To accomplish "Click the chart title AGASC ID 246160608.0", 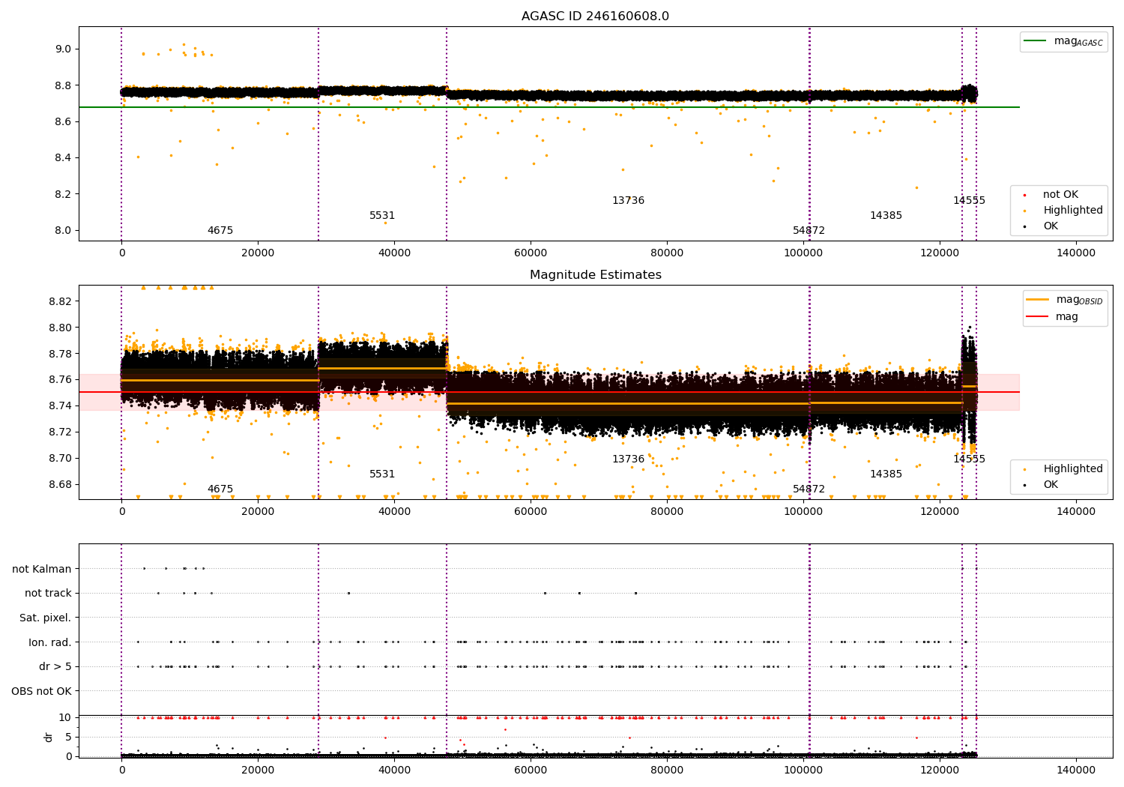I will click(595, 16).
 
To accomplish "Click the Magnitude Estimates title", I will click(595, 275).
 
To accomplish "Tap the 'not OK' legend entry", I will click(1060, 195).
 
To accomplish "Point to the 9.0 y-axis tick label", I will click(62, 49).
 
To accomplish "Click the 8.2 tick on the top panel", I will click(62, 194).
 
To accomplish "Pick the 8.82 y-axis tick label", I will click(59, 301).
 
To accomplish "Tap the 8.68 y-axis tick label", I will click(59, 484).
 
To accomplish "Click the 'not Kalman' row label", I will click(42, 569).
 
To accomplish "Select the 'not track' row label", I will click(48, 593).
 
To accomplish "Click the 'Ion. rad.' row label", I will click(49, 642).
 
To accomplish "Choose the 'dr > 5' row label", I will click(55, 666).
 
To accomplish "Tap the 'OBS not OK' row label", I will click(41, 691).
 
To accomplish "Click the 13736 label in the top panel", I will click(628, 201).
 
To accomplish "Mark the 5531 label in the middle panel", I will click(382, 474).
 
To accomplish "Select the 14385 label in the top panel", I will click(886, 216).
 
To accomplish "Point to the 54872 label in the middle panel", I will click(809, 489).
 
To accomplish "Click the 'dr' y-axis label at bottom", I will click(49, 737).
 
